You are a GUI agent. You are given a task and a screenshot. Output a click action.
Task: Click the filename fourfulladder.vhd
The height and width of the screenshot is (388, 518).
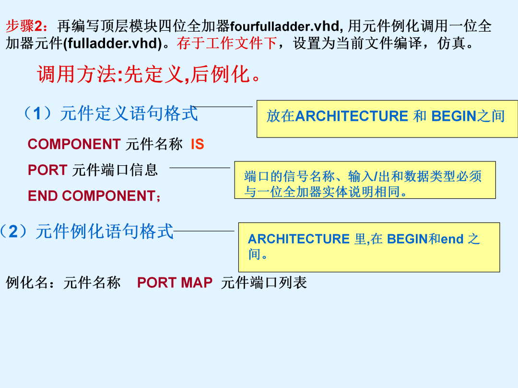click(285, 26)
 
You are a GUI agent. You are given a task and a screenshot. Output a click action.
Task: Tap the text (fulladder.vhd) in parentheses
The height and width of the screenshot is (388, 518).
click(112, 43)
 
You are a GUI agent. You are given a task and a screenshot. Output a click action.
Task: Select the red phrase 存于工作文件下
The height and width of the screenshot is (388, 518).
click(227, 43)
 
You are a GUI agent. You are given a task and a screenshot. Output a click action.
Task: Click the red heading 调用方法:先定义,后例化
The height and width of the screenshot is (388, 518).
click(149, 74)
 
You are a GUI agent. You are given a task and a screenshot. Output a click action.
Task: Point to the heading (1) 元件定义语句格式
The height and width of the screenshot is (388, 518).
click(111, 114)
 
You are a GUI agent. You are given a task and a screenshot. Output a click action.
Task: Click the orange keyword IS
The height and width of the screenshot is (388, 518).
click(198, 144)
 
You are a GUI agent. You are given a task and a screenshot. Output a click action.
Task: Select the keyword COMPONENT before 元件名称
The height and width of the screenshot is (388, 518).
click(74, 144)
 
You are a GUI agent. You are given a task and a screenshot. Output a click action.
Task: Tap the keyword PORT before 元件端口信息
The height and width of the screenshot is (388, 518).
click(47, 170)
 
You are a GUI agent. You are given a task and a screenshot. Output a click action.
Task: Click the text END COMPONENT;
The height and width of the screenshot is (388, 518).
click(94, 196)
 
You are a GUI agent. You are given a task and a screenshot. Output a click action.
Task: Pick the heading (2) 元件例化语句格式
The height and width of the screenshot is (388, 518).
click(86, 231)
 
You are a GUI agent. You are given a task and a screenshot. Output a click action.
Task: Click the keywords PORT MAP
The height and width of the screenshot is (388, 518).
click(175, 283)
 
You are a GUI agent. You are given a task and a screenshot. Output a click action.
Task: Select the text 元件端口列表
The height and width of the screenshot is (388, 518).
click(264, 283)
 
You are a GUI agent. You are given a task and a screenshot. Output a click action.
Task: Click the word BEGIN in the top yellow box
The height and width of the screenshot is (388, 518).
click(454, 116)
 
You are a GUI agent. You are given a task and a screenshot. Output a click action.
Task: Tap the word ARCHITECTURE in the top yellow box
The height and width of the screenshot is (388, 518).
click(352, 116)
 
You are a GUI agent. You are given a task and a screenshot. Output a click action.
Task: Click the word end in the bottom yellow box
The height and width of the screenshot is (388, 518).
click(452, 239)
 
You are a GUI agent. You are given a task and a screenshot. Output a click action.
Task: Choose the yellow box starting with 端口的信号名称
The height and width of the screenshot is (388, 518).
click(365, 180)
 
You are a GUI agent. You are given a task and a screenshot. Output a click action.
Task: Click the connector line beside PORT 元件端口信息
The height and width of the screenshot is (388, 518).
click(200, 168)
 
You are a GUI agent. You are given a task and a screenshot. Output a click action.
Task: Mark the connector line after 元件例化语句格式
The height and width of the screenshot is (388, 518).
click(204, 231)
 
